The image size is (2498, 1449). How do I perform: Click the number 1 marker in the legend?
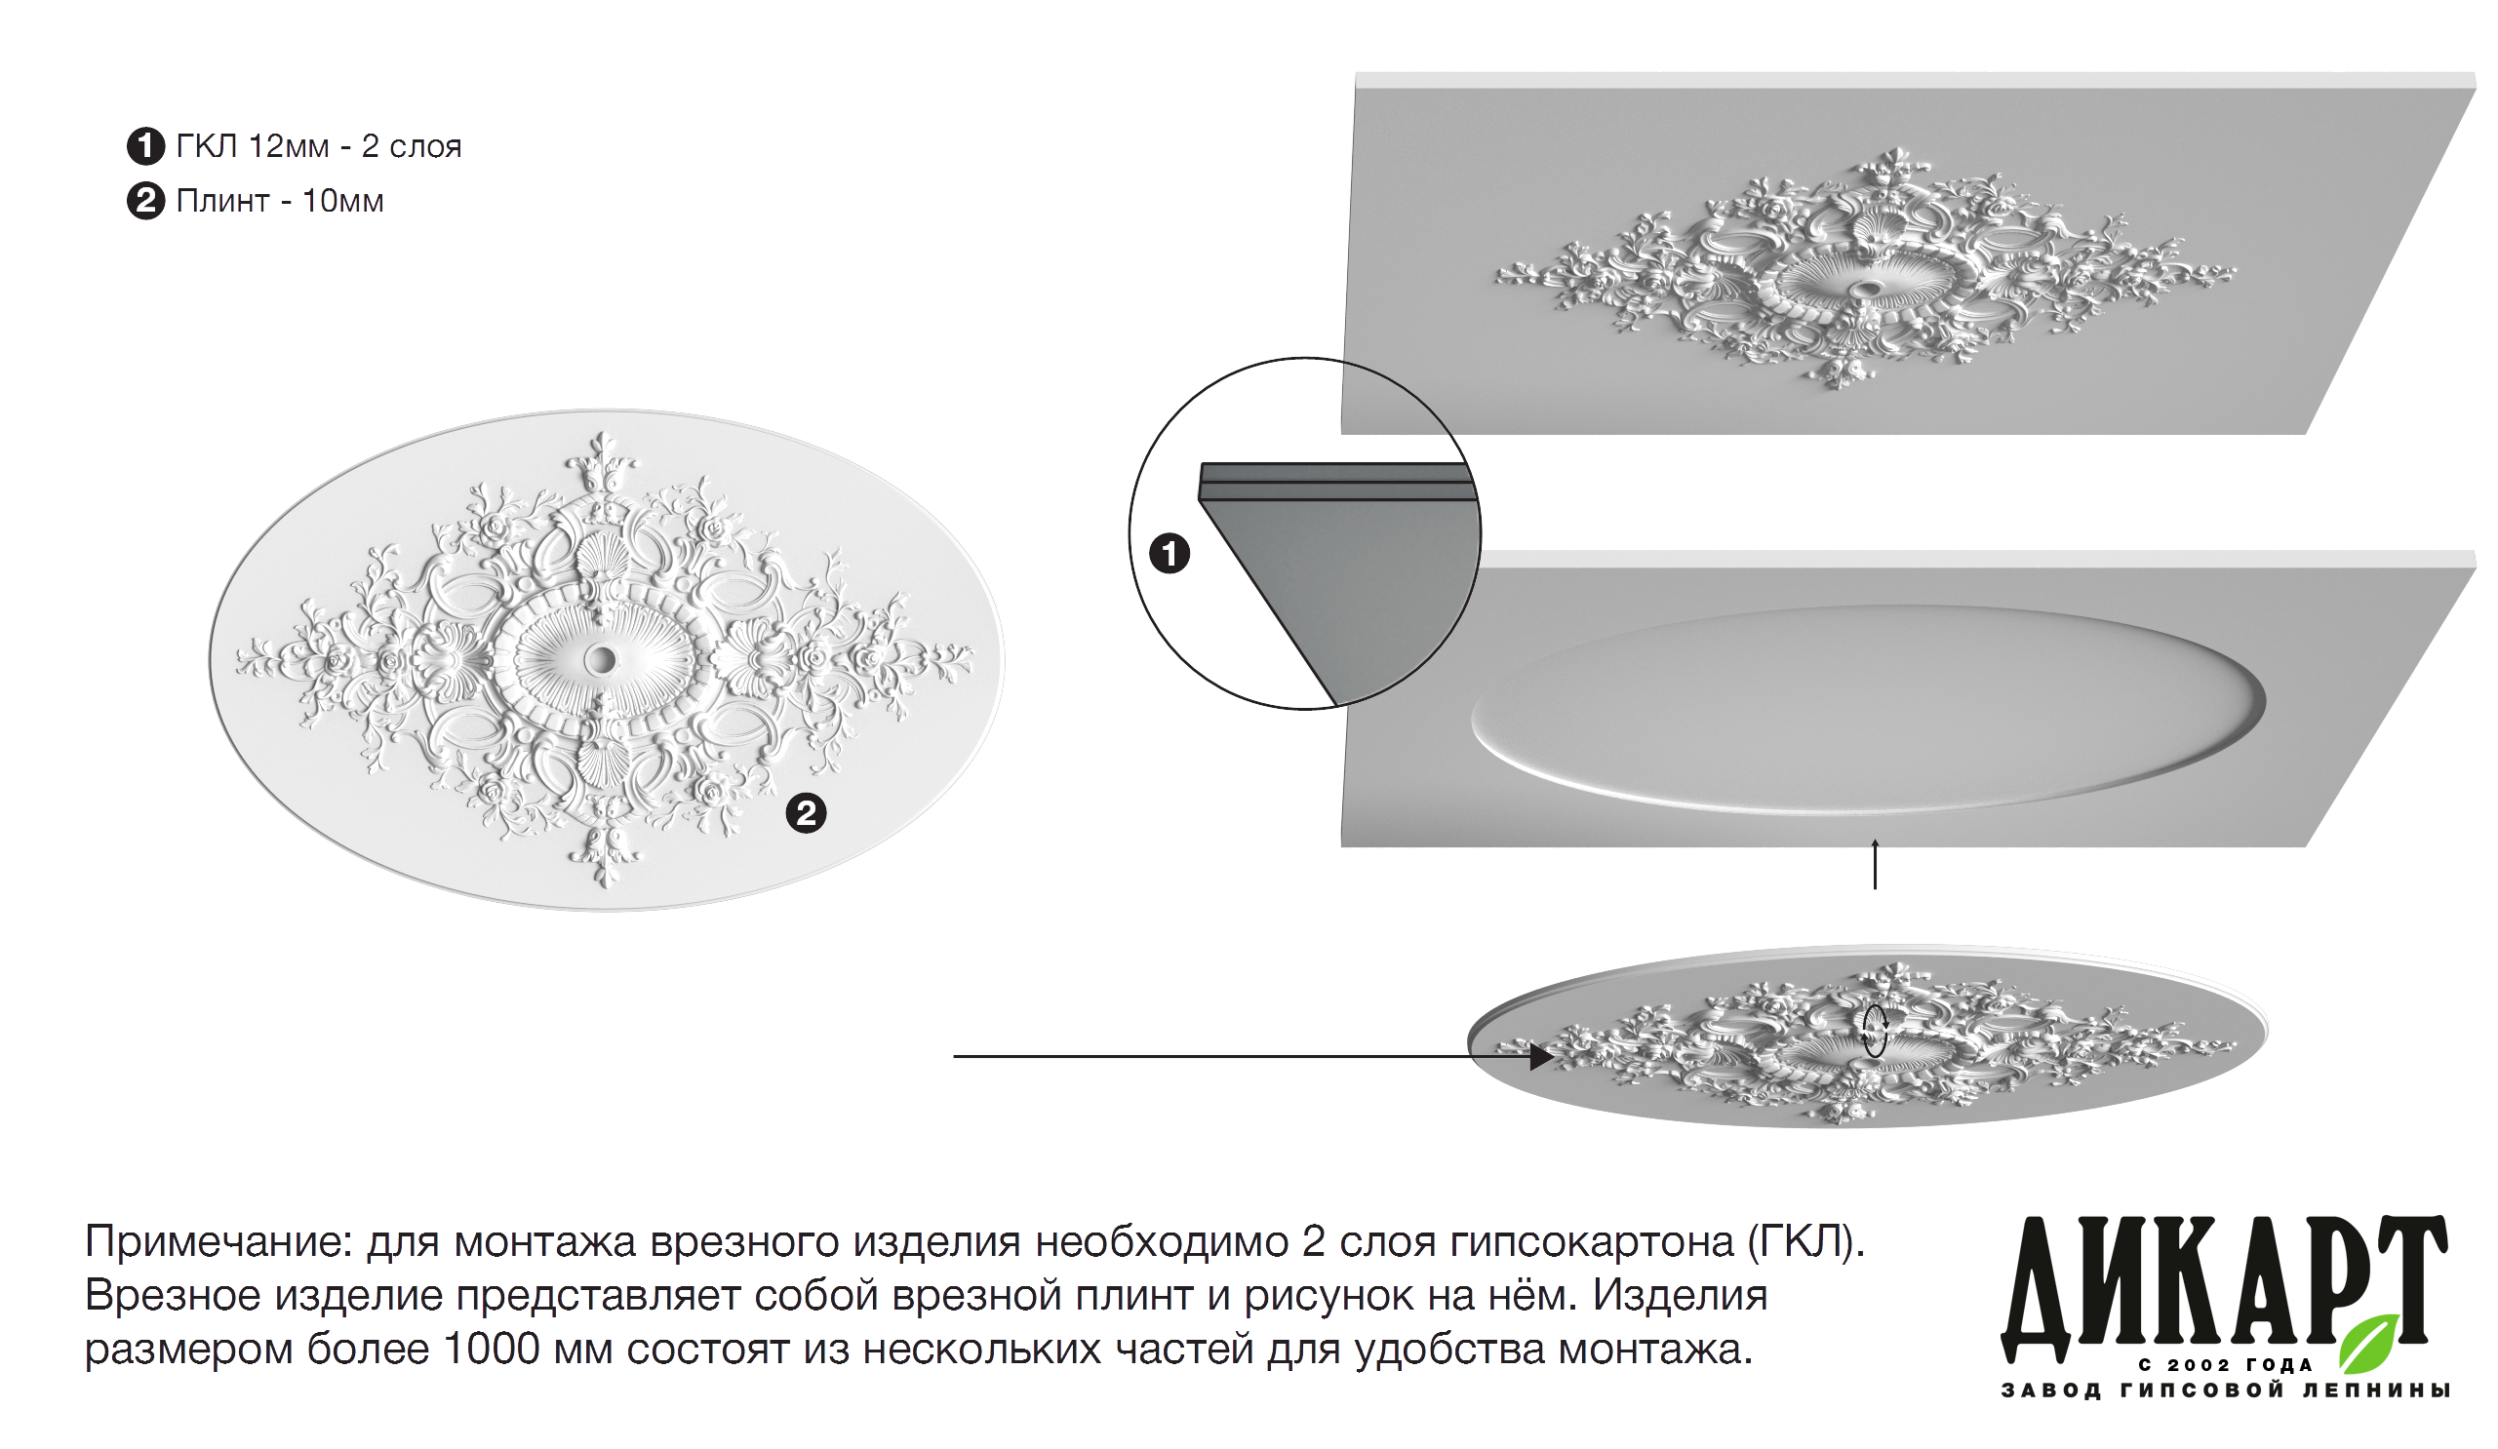tap(145, 146)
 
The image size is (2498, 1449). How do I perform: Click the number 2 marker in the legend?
tap(145, 201)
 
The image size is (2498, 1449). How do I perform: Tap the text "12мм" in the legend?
tap(289, 146)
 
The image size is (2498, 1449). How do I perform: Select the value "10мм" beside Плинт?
tap(343, 201)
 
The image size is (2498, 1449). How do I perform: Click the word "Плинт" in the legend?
tap(223, 201)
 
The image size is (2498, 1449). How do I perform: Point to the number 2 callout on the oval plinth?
tap(806, 813)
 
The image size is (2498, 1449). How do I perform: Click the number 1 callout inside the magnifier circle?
tap(1170, 553)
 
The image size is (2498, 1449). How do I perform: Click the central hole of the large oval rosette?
tap(600, 659)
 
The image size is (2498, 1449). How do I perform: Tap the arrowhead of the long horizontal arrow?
tap(1541, 1056)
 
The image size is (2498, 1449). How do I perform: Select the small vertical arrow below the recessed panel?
tap(1875, 863)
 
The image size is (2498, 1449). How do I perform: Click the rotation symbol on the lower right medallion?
tap(1875, 1032)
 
